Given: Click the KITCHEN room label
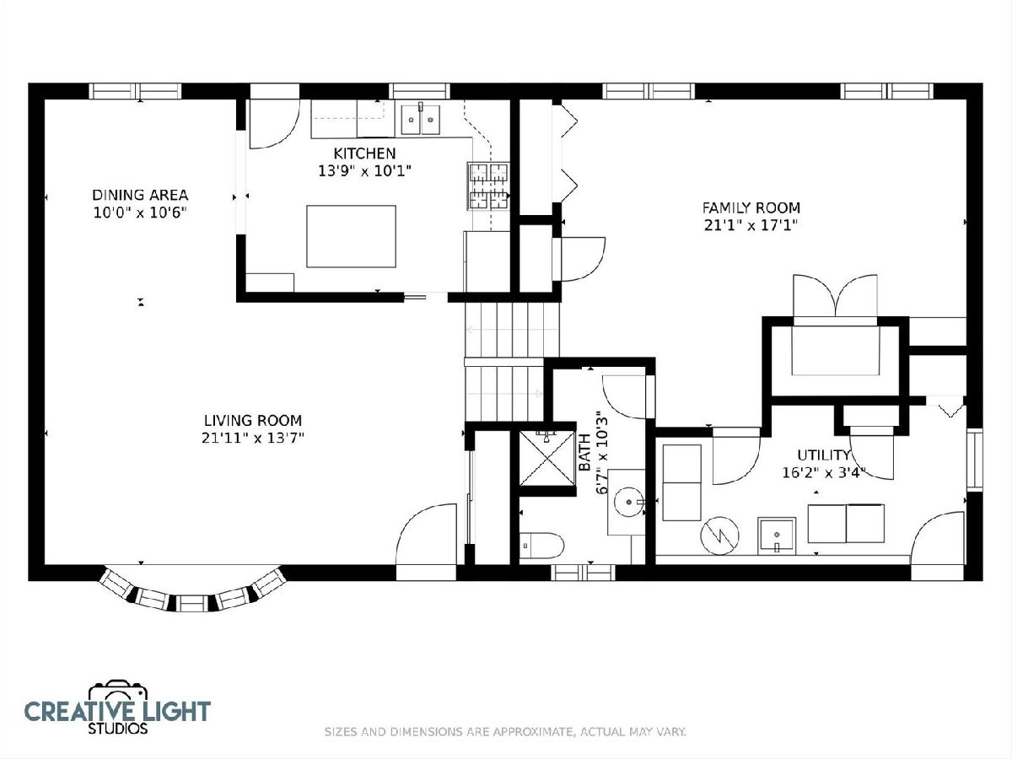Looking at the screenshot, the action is click(x=364, y=153).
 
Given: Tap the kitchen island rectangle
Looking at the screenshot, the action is click(x=352, y=236).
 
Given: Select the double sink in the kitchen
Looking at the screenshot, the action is click(x=421, y=120).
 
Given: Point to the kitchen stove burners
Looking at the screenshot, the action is click(x=488, y=186).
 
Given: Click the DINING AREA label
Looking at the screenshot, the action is click(x=140, y=195).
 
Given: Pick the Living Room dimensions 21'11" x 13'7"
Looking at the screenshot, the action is click(x=253, y=438).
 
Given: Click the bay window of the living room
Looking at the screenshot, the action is click(x=191, y=593).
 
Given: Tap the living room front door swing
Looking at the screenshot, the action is click(x=426, y=534).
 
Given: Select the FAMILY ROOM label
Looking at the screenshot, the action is click(x=751, y=207).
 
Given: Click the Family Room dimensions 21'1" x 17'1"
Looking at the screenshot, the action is click(x=751, y=226).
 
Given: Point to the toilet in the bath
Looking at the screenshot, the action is click(x=541, y=546).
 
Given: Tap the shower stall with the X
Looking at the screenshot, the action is click(x=547, y=458).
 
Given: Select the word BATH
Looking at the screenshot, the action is click(x=584, y=452).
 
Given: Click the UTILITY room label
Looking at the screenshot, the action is click(x=823, y=455).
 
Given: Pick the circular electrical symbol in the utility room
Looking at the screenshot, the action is click(x=719, y=536).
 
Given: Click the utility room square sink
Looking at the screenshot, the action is click(x=777, y=535).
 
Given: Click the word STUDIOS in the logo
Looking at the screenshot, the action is click(x=118, y=729).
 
